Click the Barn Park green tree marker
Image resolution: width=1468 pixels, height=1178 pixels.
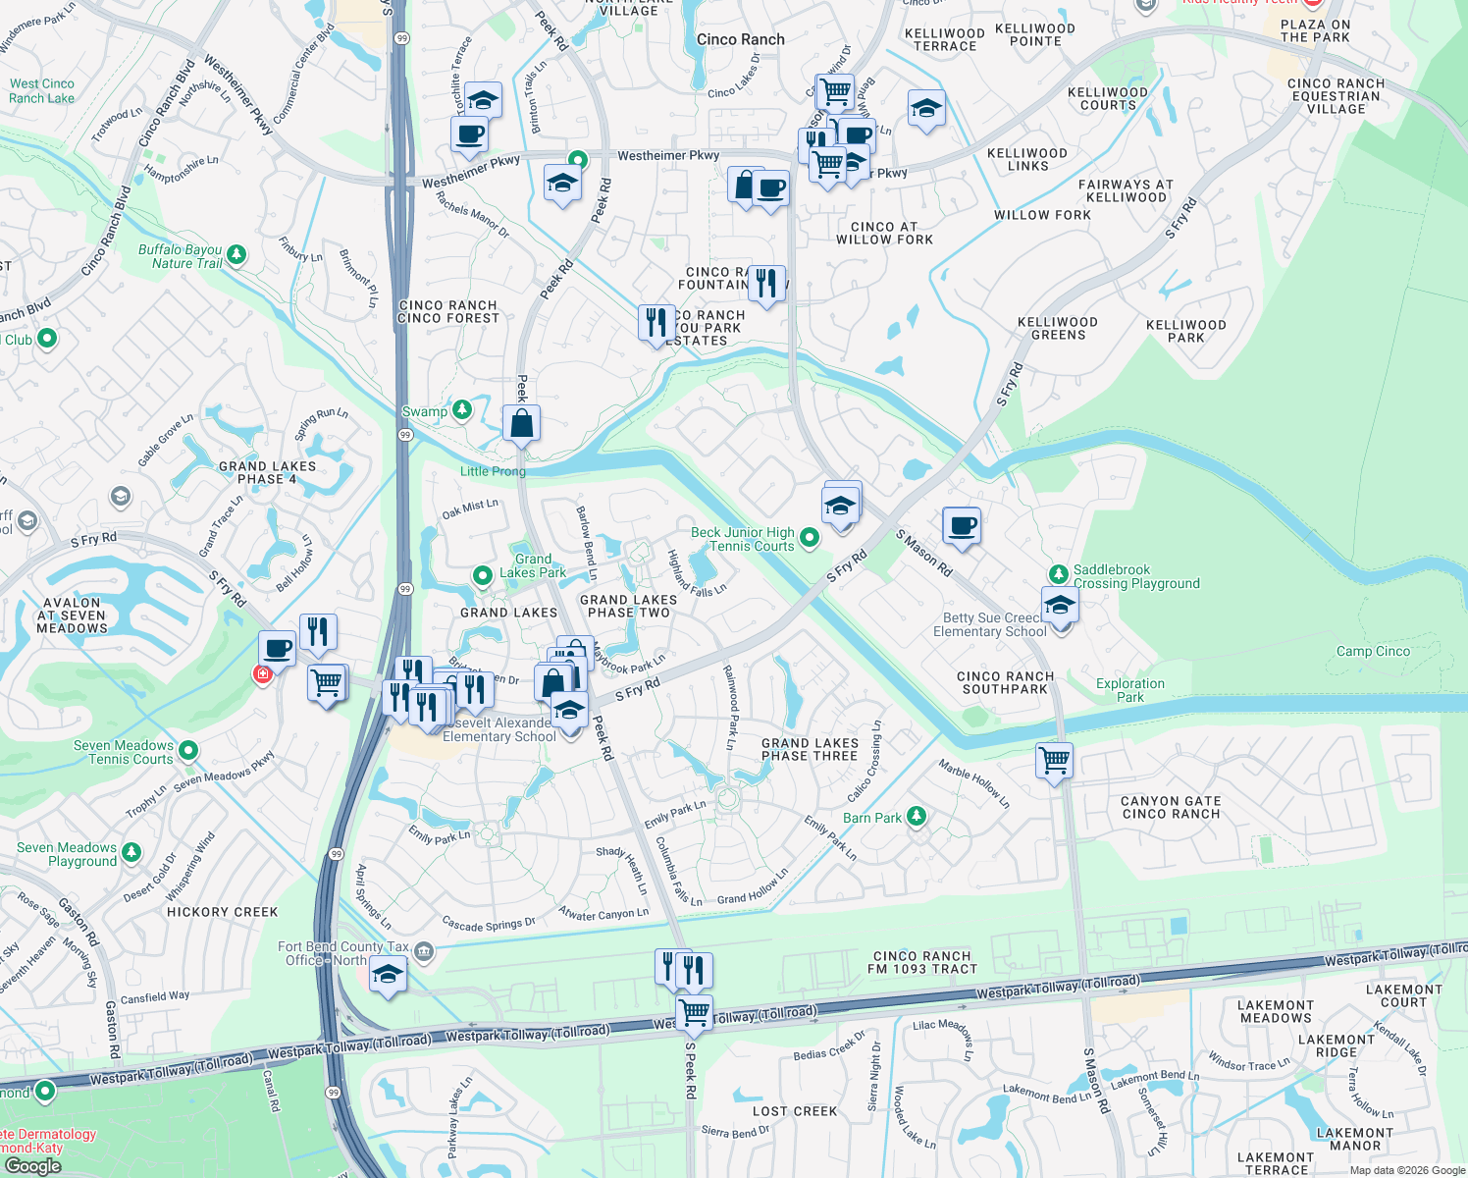coord(916,816)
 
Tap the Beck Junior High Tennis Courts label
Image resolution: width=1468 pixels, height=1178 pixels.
coord(743,539)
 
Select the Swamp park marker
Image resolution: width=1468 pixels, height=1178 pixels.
coord(462,410)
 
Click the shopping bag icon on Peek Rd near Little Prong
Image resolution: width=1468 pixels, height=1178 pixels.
coord(521,424)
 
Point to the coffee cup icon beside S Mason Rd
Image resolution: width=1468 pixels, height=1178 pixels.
coord(962,526)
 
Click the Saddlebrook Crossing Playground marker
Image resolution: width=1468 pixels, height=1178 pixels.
coord(1058,574)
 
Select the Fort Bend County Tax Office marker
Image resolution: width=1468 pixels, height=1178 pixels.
coord(423,950)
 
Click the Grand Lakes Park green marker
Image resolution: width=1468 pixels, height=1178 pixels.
coord(482,575)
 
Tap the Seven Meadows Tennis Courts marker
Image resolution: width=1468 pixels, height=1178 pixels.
coord(188,751)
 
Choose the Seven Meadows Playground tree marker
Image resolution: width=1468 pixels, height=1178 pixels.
coord(131,853)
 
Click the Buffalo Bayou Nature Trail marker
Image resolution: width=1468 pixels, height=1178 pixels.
coord(236,255)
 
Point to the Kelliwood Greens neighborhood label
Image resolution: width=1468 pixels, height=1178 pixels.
coord(1058,328)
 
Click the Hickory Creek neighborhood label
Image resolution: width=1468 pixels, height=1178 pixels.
coord(223,912)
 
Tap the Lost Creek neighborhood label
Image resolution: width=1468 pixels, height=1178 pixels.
coord(795,1111)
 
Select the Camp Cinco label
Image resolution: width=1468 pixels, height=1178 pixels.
coord(1373,651)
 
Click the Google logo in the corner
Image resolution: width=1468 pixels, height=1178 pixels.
coord(32,1165)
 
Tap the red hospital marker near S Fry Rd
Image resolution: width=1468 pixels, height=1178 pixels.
coord(262,673)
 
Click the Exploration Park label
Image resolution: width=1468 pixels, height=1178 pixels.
coord(1130,690)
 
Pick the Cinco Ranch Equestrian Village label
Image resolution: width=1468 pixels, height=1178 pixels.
coord(1336,96)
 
